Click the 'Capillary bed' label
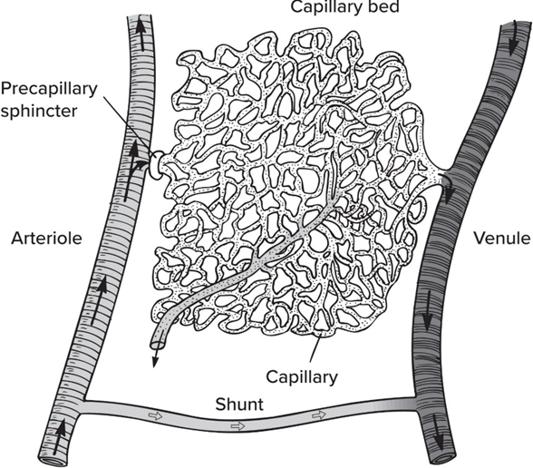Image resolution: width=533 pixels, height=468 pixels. [345, 7]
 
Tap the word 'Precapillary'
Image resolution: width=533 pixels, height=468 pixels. [49, 89]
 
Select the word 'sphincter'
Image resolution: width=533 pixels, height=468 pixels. [39, 111]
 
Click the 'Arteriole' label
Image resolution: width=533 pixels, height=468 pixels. [46, 238]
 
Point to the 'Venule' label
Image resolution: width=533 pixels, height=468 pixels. [502, 238]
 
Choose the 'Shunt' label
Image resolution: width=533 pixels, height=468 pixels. [239, 405]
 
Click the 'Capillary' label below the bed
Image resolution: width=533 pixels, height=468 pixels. [302, 377]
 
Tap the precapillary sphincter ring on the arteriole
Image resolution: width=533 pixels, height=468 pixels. [156, 165]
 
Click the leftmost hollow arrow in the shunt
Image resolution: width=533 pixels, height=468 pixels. [156, 415]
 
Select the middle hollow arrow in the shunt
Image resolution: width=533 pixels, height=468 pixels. [237, 426]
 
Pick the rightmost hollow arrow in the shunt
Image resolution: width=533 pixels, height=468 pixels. [319, 415]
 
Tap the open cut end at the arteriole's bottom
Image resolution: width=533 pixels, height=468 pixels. [53, 461]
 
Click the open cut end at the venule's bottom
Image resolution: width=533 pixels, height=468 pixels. [441, 457]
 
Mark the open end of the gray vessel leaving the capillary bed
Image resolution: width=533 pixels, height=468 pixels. [158, 345]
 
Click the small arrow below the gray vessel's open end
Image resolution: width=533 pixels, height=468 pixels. [155, 358]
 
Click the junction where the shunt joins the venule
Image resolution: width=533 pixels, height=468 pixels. [417, 404]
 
